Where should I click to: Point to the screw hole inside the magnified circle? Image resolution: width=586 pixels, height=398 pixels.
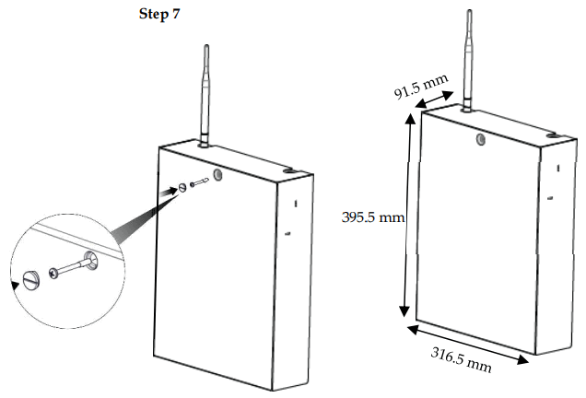92,261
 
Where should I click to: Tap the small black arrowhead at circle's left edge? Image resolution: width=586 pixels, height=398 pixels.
13,285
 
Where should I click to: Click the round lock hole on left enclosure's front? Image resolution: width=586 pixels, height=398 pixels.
218,174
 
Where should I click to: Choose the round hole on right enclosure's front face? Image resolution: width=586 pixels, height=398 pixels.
480,137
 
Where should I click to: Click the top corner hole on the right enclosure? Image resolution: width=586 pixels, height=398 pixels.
554,136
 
